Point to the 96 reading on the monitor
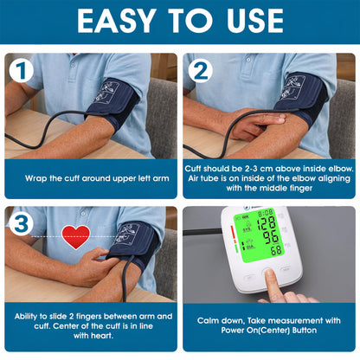(x=271, y=236)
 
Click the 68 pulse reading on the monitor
(x=275, y=250)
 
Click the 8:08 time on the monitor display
(x=266, y=212)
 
